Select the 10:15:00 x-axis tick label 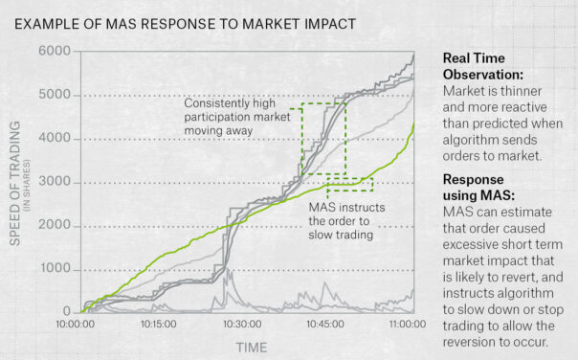pyautogui.click(x=158, y=326)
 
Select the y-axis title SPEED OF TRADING pyautogui.click(x=15, y=182)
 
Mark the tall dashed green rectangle pyautogui.click(x=323, y=139)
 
